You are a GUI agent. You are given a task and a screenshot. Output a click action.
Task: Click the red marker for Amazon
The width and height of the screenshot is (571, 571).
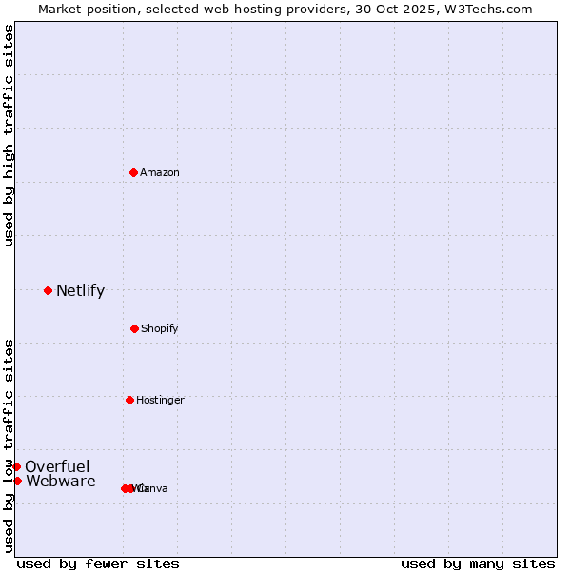[x=134, y=172]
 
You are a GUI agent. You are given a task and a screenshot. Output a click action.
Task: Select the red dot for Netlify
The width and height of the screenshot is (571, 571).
[x=48, y=290]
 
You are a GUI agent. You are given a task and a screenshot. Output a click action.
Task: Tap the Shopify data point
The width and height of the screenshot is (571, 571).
[x=134, y=328]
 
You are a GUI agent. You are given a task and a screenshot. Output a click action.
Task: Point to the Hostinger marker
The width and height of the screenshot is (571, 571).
[x=129, y=400]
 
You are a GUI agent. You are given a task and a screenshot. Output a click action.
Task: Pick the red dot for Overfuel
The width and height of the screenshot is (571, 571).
[x=16, y=466]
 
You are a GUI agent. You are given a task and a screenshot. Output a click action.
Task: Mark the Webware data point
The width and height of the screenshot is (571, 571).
[x=17, y=481]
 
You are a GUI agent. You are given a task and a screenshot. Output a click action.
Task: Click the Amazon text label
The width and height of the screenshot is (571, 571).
[x=160, y=172]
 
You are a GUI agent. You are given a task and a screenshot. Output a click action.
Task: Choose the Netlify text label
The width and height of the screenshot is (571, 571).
[x=80, y=290]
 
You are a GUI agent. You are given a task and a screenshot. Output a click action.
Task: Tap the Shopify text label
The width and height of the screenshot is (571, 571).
[x=160, y=328]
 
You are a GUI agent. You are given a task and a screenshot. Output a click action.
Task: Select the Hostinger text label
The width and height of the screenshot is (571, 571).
[x=160, y=400]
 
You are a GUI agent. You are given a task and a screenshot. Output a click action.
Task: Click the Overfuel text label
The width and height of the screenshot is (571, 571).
[x=57, y=466]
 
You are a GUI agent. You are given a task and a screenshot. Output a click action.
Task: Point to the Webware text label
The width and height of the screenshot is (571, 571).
[x=61, y=481]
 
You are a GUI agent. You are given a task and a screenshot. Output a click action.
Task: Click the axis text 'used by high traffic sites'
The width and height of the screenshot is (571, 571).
[x=10, y=135]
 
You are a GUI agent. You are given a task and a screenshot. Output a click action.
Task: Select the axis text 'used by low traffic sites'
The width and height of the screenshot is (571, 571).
[x=10, y=444]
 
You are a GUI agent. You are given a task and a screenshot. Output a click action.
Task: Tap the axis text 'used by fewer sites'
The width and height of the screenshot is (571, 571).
[x=98, y=563]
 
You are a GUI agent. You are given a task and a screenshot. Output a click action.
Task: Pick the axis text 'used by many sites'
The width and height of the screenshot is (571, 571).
[x=478, y=563]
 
